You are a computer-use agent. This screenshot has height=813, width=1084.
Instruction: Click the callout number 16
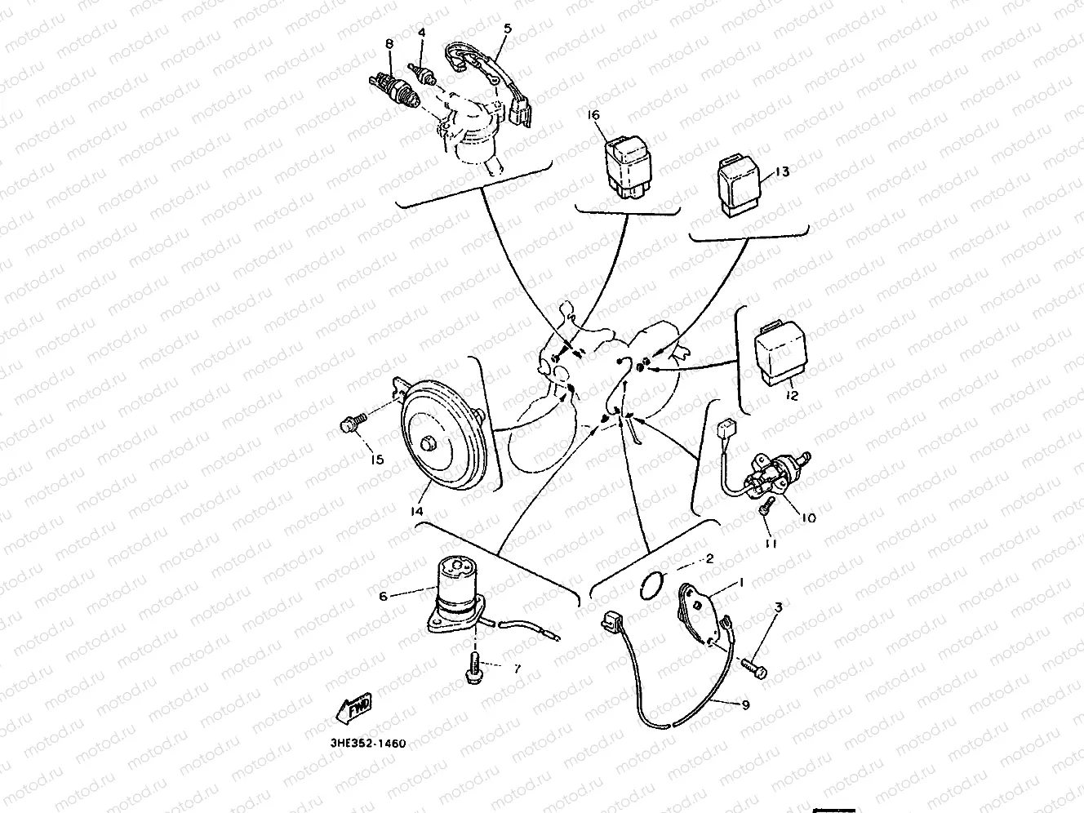594,115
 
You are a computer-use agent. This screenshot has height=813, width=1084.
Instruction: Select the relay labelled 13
740,185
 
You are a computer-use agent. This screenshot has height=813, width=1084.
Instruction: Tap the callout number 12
792,397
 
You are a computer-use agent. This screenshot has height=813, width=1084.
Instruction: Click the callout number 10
808,517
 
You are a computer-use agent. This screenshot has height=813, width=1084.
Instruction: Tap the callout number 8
389,42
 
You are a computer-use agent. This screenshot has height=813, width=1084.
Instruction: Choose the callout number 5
507,28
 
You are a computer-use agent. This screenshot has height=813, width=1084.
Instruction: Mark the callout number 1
741,582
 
